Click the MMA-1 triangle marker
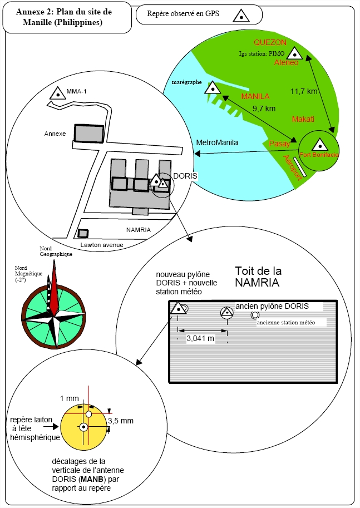[57, 93]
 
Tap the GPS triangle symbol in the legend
[241, 16]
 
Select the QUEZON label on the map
[270, 42]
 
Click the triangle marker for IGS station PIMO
[294, 54]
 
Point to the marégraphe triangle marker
[213, 87]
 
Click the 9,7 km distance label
[264, 108]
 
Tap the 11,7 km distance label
[304, 91]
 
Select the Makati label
[303, 119]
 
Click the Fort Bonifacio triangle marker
[319, 145]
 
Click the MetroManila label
[217, 142]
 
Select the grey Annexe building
[89, 134]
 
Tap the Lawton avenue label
[102, 245]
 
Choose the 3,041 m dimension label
[200, 338]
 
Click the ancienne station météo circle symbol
[255, 314]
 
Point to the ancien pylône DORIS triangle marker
[227, 313]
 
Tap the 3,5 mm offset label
[121, 421]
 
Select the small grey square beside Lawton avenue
[83, 233]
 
